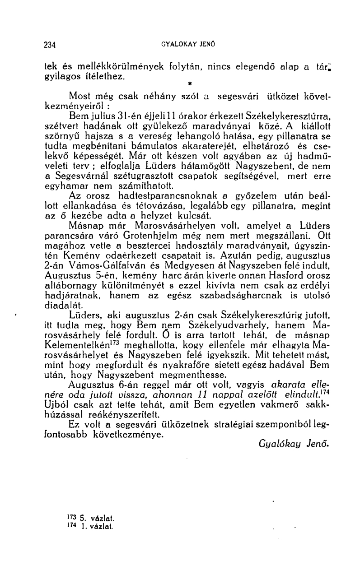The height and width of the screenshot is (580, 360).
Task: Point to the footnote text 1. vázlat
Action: pos(89,526)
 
